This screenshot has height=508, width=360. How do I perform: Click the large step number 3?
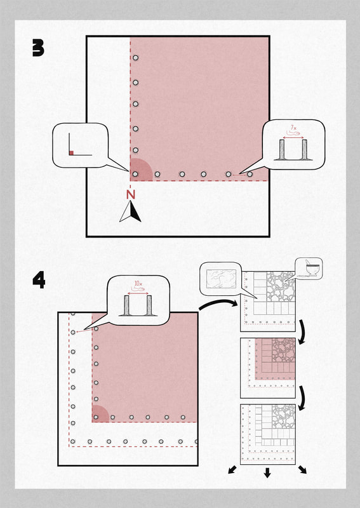click(x=38, y=48)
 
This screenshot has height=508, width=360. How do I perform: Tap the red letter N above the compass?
click(x=131, y=194)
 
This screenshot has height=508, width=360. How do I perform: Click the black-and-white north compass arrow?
click(x=130, y=211)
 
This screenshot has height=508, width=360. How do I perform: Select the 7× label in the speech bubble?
click(x=293, y=128)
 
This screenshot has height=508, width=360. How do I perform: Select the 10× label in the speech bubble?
click(x=138, y=284)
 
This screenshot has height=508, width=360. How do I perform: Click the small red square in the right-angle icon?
click(x=71, y=152)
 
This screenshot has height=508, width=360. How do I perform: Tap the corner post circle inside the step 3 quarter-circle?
click(x=135, y=174)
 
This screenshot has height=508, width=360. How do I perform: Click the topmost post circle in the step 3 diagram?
click(x=135, y=58)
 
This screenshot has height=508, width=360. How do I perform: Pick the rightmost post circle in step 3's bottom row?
click(x=250, y=174)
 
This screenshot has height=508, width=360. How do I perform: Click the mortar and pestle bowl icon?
click(x=311, y=269)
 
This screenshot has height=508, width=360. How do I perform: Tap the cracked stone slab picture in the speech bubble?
click(x=221, y=279)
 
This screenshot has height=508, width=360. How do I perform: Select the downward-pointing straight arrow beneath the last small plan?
click(x=267, y=472)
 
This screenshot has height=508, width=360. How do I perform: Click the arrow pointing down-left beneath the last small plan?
click(x=232, y=470)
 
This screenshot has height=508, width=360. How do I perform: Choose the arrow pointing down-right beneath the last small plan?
click(x=302, y=470)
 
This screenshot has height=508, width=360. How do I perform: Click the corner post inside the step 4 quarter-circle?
click(x=96, y=417)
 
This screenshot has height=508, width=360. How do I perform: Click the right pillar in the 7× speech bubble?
click(x=304, y=149)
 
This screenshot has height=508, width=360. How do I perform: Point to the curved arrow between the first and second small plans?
click(x=302, y=332)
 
